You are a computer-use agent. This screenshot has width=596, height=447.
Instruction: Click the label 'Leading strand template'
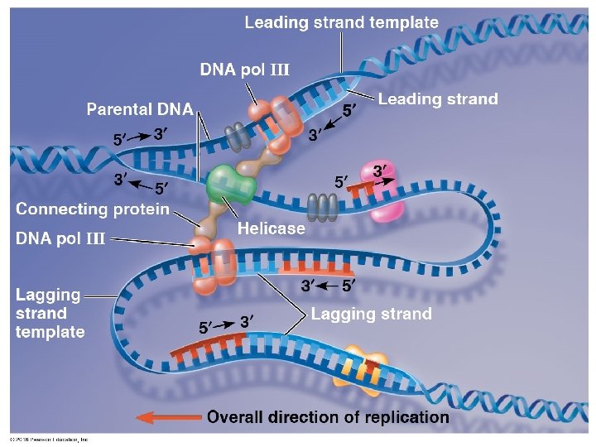click(x=341, y=22)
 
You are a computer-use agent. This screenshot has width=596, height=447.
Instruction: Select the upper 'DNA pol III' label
click(x=244, y=70)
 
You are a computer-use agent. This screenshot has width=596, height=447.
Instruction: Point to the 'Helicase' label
click(x=272, y=228)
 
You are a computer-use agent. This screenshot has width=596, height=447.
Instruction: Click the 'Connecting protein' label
click(x=93, y=209)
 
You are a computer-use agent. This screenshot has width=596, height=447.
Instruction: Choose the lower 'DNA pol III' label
click(x=60, y=239)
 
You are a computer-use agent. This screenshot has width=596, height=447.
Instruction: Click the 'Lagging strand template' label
click(x=50, y=313)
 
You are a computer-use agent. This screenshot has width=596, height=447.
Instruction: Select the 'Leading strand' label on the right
click(x=438, y=99)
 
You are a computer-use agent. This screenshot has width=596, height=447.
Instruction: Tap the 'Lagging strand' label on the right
click(x=371, y=314)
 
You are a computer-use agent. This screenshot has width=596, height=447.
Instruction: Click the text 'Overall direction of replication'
click(x=328, y=417)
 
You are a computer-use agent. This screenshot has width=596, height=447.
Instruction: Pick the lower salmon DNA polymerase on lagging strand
click(x=205, y=265)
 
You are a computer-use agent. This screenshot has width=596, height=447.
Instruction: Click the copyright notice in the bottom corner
click(x=48, y=440)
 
